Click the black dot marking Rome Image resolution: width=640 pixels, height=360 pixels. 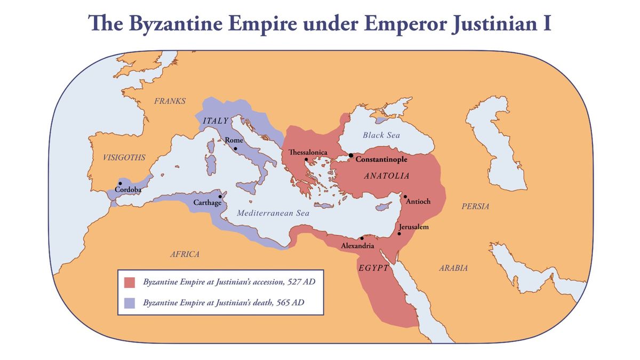(235, 148)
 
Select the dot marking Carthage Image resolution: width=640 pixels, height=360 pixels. (220, 196)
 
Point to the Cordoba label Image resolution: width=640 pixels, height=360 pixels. (128, 190)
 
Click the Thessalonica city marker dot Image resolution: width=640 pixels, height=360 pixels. (306, 159)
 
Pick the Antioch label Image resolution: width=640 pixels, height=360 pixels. (418, 202)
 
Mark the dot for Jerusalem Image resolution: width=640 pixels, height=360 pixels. (399, 234)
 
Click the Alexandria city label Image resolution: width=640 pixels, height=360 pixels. (358, 245)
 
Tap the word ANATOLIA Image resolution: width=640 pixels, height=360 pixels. (386, 175)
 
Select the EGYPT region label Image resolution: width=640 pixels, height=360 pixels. (373, 268)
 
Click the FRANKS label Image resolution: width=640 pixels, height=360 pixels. (170, 101)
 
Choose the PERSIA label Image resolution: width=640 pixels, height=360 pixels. (475, 206)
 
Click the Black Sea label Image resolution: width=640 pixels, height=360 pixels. (381, 135)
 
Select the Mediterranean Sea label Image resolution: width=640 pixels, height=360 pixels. (273, 213)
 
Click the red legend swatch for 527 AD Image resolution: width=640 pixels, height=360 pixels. (130, 282)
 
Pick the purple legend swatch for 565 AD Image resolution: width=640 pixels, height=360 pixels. (130, 302)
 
